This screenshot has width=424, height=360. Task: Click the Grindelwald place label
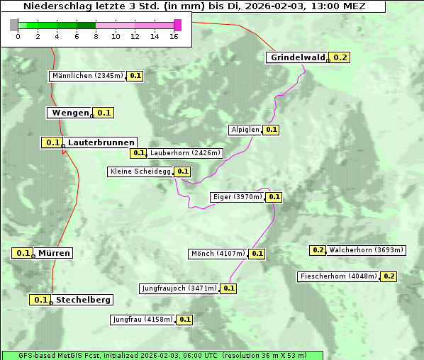click(297, 57)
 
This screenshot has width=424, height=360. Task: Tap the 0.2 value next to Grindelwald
click(340, 57)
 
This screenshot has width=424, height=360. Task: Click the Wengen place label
click(70, 113)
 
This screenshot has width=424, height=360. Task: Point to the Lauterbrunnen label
click(101, 142)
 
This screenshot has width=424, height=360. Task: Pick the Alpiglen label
click(245, 130)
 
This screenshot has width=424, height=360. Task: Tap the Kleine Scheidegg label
click(140, 171)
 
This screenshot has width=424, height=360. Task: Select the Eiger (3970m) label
click(238, 197)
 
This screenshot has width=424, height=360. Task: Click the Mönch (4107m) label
click(218, 254)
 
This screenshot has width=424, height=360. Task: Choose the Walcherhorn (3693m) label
click(367, 250)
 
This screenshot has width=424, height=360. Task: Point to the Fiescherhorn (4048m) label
click(338, 276)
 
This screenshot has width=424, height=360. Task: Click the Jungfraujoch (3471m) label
click(179, 288)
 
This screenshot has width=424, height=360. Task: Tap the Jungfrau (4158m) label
click(142, 320)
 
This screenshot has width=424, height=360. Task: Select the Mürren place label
click(54, 253)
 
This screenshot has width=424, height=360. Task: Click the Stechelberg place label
click(83, 300)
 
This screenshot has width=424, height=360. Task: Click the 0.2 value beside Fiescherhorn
click(389, 276)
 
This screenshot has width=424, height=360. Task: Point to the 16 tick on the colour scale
click(174, 36)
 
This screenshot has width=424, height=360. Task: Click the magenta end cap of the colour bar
click(177, 26)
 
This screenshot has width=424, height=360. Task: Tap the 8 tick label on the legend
click(96, 36)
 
